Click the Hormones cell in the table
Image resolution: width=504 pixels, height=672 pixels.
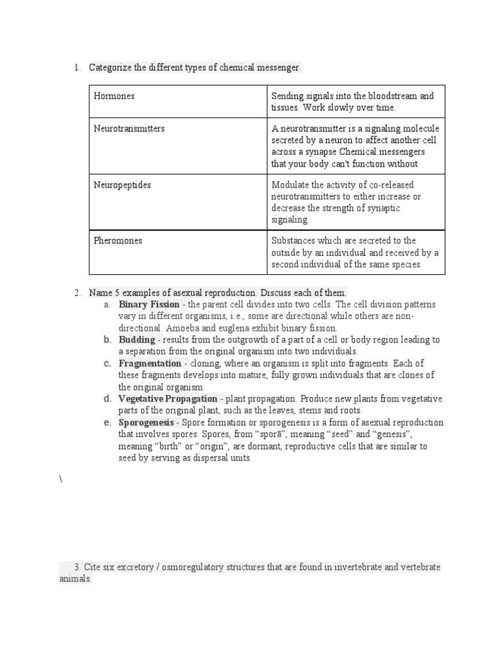point(114,96)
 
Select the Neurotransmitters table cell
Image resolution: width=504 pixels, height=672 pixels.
point(129,129)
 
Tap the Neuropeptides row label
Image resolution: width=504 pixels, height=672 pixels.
point(122,185)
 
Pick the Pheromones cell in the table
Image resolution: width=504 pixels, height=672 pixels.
point(118,241)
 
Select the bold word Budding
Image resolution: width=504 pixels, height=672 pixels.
point(136,340)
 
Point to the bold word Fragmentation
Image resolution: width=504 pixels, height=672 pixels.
point(150,364)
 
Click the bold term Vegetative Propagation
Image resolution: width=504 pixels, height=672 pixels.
point(167,399)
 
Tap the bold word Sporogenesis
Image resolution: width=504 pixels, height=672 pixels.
point(146,423)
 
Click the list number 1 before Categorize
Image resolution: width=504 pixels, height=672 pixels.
point(77,67)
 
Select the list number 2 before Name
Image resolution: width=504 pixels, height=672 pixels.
point(77,292)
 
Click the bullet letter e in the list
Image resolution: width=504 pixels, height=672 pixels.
point(106,422)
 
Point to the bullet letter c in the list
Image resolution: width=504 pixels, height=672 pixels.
point(106,363)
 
